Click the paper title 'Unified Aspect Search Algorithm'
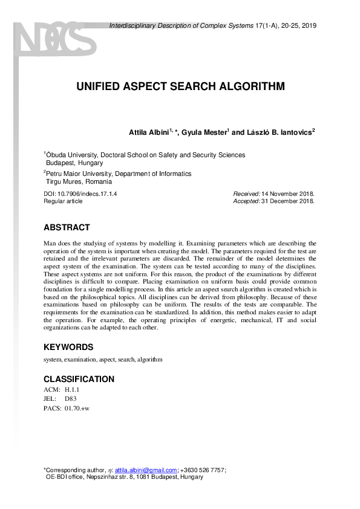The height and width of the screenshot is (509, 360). [x=180, y=86]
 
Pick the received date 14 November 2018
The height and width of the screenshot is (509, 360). [x=288, y=193]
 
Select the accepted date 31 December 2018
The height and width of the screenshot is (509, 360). [x=287, y=201]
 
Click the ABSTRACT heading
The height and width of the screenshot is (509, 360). [x=67, y=228]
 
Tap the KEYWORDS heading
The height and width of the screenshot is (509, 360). [x=68, y=347]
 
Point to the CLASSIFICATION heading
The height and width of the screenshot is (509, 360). [x=79, y=379]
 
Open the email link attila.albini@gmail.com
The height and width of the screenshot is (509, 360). [x=146, y=470]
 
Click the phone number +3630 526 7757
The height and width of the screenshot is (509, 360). [x=203, y=470]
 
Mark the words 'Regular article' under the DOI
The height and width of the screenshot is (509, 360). [x=63, y=201]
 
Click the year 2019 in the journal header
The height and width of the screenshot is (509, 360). [x=308, y=25]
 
